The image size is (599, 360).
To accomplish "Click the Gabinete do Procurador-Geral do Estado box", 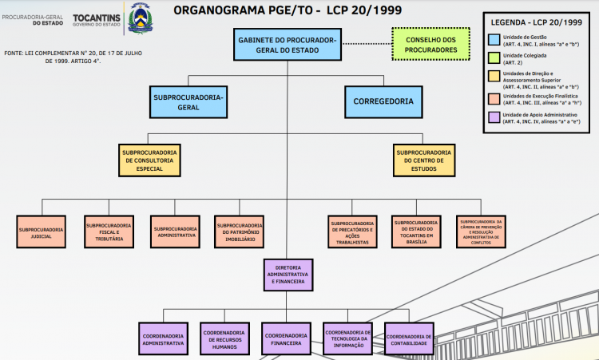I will (x=288, y=45).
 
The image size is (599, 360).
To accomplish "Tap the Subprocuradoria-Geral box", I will (x=188, y=101).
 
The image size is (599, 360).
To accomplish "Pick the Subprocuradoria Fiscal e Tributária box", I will (x=109, y=232).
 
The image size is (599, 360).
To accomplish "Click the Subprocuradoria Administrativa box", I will (x=175, y=232).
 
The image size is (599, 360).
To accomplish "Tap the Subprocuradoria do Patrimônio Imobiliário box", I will (x=239, y=232).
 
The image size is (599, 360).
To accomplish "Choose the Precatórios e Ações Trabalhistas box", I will (x=351, y=232).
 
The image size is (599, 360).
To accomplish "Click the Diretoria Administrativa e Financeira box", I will (x=288, y=275).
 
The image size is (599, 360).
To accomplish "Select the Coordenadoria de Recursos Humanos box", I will (x=223, y=338).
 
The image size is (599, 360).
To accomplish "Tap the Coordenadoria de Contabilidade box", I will (x=409, y=338).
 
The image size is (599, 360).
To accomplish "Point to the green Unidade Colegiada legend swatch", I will (x=495, y=57).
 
